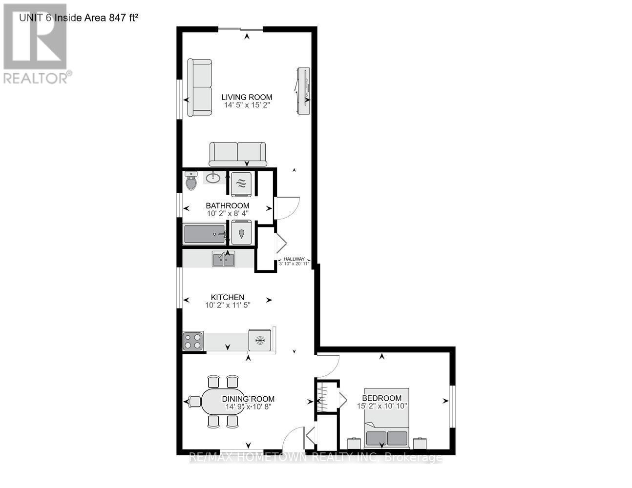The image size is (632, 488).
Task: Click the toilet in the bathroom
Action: [191, 182]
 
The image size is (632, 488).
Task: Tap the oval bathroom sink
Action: [212, 178]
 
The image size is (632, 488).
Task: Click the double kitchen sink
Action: [223, 259]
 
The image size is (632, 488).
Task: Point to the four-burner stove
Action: [192, 341]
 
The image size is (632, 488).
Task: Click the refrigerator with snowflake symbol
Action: [260, 340]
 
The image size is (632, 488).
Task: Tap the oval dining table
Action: [223, 402]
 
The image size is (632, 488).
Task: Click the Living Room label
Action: [247, 97]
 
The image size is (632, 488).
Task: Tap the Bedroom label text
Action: [382, 398]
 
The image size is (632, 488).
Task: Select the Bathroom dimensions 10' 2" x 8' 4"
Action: [228, 213]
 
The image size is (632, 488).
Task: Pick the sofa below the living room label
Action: [237, 154]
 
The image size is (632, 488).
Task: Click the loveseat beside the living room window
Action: [200, 88]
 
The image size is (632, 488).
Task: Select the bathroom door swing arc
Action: [287, 207]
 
